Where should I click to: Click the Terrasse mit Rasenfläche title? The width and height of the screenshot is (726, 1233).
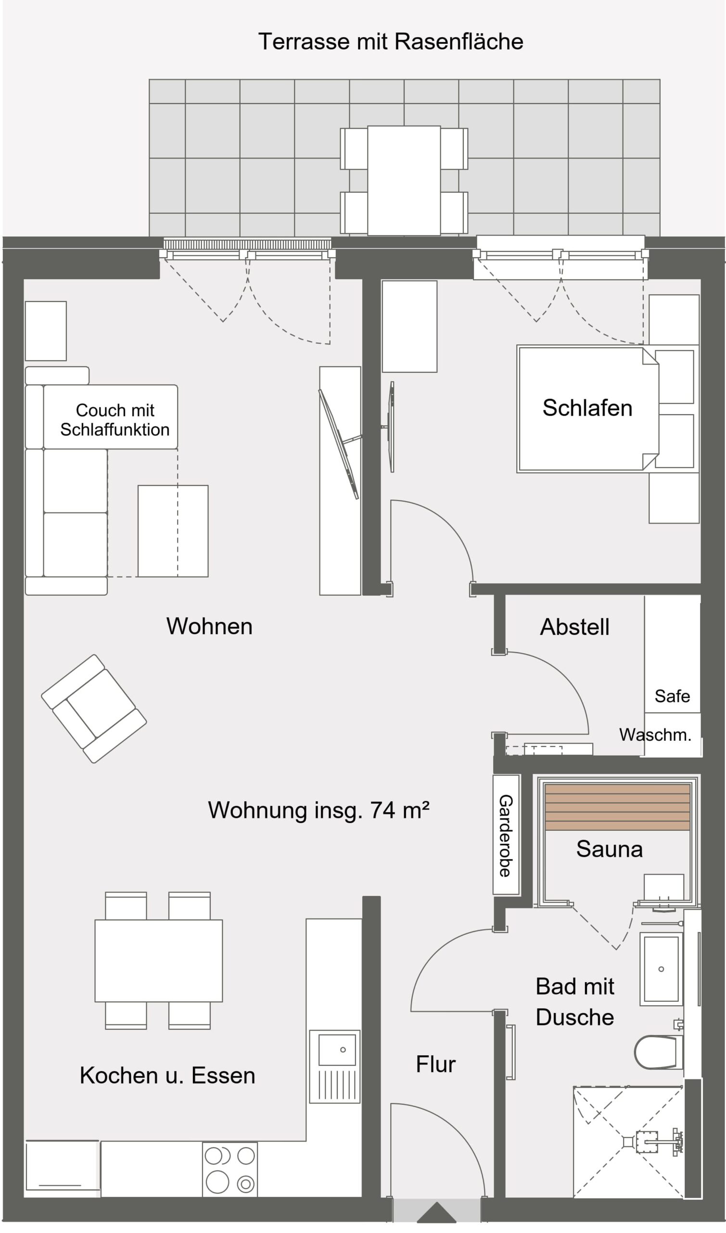pyautogui.click(x=390, y=41)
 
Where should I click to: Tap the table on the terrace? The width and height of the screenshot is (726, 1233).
pyautogui.click(x=404, y=180)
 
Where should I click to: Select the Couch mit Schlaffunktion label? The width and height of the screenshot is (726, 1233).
pyautogui.click(x=115, y=420)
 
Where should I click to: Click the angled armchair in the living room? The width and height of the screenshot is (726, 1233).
pyautogui.click(x=94, y=708)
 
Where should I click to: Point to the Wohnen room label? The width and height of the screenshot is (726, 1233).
pyautogui.click(x=209, y=626)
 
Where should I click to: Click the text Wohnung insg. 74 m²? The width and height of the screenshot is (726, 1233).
pyautogui.click(x=318, y=811)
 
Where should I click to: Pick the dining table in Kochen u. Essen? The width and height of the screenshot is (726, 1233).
pyautogui.click(x=158, y=960)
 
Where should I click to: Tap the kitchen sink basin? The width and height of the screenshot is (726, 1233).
pyautogui.click(x=337, y=1049)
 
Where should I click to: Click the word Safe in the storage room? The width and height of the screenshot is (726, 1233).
pyautogui.click(x=672, y=696)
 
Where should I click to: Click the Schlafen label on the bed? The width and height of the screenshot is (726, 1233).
pyautogui.click(x=587, y=408)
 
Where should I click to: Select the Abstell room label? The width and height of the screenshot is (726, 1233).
pyautogui.click(x=574, y=627)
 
